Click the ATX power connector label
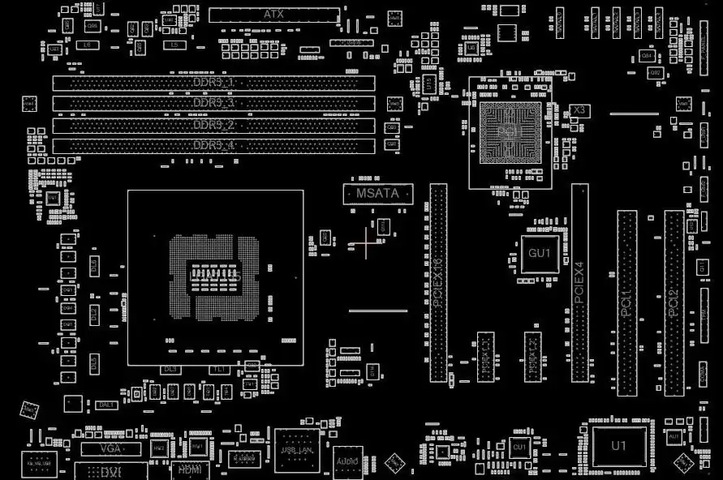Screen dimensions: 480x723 pyautogui.click(x=274, y=15)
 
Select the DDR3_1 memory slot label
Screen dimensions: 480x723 pyautogui.click(x=214, y=83)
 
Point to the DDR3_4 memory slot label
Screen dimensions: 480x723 pyautogui.click(x=214, y=146)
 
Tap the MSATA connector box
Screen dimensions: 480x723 pyautogui.click(x=378, y=194)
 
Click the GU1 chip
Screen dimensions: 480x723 pyautogui.click(x=540, y=254)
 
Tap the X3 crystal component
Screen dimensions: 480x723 pyautogui.click(x=579, y=109)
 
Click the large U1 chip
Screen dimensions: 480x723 pyautogui.click(x=619, y=446)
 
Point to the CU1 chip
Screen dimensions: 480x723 pyautogui.click(x=519, y=447)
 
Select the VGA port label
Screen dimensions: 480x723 pyautogui.click(x=110, y=448)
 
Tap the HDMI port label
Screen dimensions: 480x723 pyautogui.click(x=189, y=469)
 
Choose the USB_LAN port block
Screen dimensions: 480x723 pyautogui.click(x=296, y=451)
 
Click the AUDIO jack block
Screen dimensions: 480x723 pyautogui.click(x=347, y=461)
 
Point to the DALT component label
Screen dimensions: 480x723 pyautogui.click(x=106, y=405)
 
